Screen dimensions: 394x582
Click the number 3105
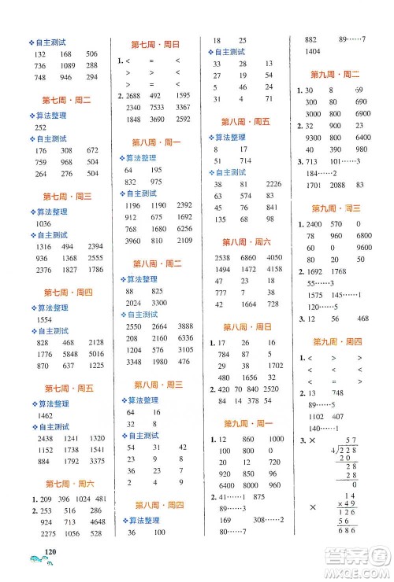184,349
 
